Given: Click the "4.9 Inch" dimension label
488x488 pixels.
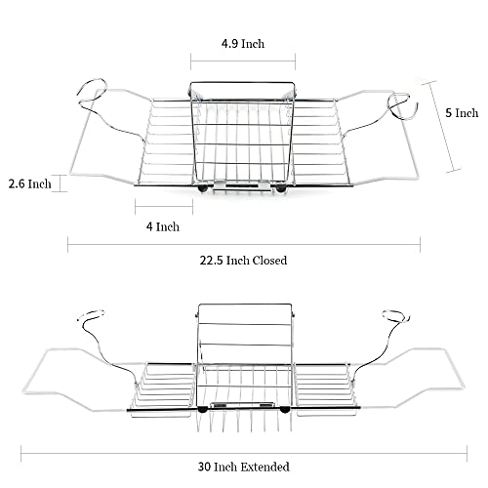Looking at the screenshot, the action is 243,44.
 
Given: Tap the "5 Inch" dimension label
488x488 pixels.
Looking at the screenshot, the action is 462,113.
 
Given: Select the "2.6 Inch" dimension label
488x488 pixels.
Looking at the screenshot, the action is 30,183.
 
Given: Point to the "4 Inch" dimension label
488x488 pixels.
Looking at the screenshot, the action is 163,226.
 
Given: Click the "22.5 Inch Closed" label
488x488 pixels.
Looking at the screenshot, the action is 243,261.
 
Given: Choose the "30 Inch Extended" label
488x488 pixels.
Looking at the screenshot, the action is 244,467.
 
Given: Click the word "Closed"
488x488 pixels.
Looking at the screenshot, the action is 269,261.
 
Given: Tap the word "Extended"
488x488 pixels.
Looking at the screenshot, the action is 265,467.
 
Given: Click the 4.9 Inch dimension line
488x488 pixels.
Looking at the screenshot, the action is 243,61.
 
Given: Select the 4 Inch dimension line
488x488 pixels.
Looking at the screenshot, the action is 164,206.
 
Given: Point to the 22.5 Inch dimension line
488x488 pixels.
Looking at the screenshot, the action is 244,244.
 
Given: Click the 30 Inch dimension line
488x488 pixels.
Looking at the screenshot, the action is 244,453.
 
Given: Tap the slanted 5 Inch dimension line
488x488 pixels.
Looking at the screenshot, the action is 441,126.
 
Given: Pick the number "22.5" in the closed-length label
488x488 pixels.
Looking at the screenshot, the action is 212,261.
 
